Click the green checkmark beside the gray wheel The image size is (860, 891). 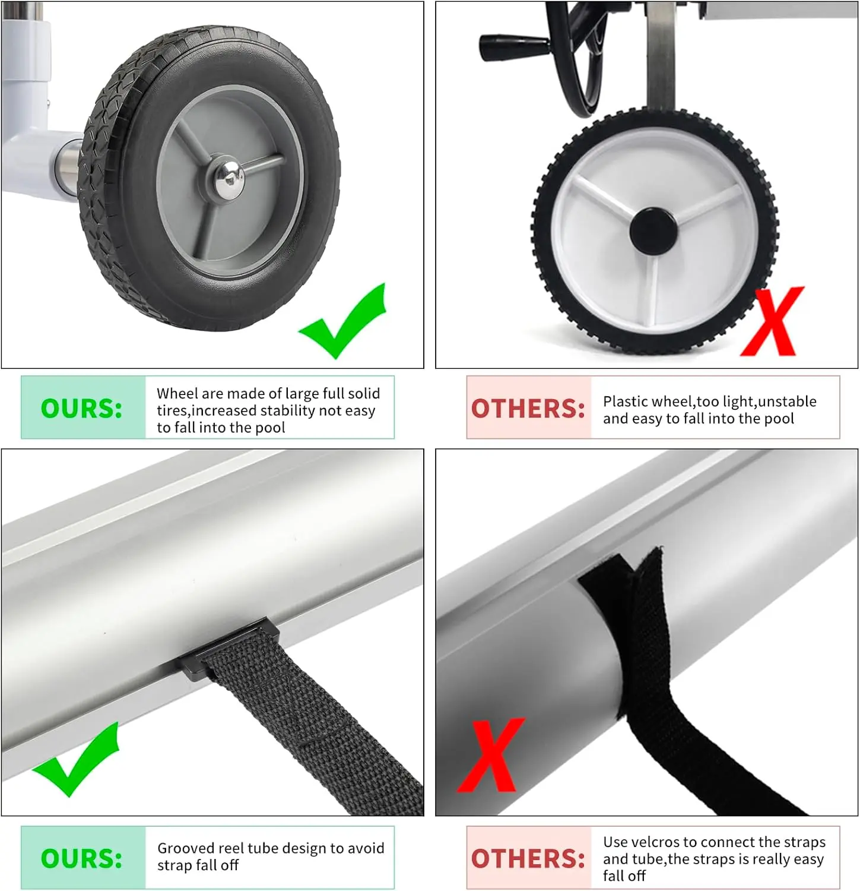click(344, 321)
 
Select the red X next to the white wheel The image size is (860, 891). click(771, 321)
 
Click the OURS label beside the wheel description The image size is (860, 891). click(81, 409)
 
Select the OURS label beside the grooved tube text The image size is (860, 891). click(81, 859)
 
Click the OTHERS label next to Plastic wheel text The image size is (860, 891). click(528, 409)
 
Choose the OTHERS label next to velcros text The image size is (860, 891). click(528, 859)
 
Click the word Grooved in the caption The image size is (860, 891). click(186, 848)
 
